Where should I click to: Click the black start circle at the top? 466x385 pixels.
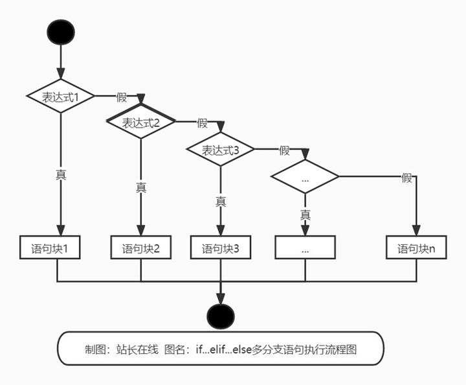(x=61, y=32)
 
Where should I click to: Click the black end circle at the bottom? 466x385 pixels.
(x=221, y=316)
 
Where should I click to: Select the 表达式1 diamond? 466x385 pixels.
(x=61, y=97)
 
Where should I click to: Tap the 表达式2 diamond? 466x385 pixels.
(x=141, y=122)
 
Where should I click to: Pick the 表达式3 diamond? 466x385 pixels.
(x=221, y=150)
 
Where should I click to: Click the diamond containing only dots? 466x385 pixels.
(x=305, y=177)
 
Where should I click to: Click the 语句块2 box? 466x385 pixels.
(x=141, y=248)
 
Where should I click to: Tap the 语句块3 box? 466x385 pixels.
(x=221, y=248)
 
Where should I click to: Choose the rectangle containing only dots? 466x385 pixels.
(x=305, y=248)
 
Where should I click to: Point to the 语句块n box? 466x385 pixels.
(x=416, y=248)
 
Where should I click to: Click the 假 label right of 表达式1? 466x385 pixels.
(x=122, y=97)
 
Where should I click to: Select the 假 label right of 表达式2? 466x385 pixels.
(x=202, y=122)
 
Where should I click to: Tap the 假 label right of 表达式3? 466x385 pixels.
(x=284, y=150)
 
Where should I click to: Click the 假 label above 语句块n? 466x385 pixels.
(x=406, y=178)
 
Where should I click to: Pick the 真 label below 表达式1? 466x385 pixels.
(x=61, y=174)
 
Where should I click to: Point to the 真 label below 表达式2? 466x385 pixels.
(x=141, y=187)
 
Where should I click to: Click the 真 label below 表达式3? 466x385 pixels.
(x=221, y=202)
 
